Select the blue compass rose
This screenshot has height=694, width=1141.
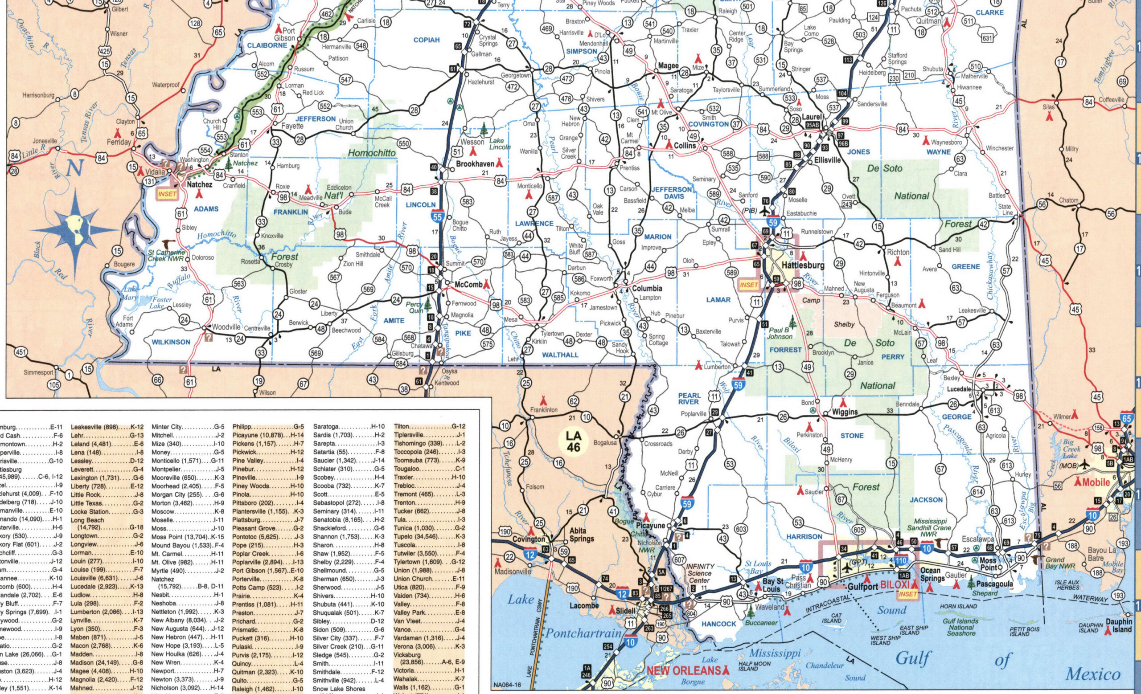[x=76, y=230]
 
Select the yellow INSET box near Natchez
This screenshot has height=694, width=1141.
[x=167, y=194]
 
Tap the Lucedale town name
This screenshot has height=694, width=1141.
[x=957, y=389]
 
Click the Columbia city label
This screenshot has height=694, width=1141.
[x=647, y=288]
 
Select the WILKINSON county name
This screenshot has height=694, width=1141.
[x=171, y=342]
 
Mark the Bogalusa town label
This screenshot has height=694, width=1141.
[x=604, y=442]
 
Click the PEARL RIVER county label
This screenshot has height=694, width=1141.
[x=690, y=399]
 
